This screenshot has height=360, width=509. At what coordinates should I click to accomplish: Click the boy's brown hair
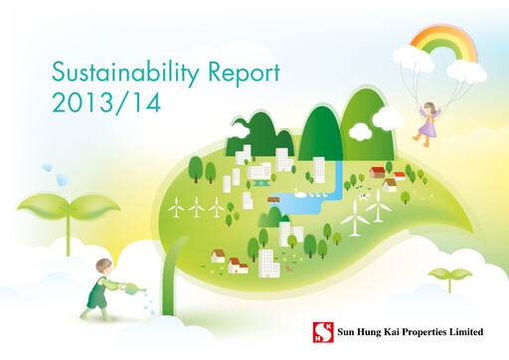(x=103, y=266)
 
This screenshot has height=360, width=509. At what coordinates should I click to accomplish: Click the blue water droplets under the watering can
(x=147, y=303)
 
